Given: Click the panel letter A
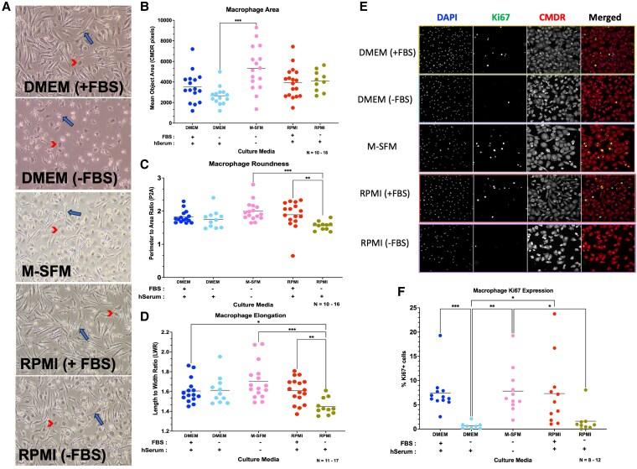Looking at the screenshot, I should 7,8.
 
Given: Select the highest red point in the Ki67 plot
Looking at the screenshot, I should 578,315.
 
